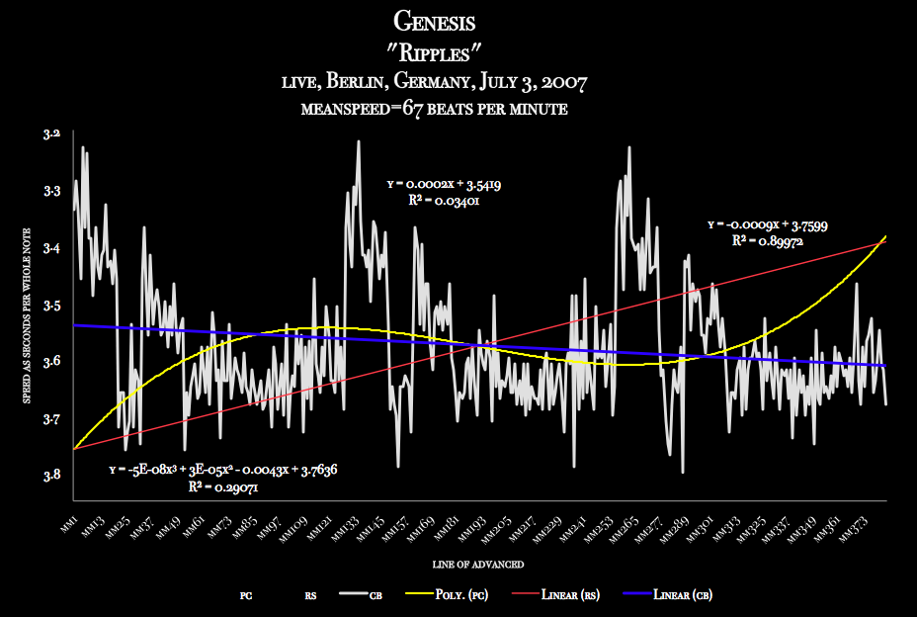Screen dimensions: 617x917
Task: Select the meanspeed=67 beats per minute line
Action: coord(435,109)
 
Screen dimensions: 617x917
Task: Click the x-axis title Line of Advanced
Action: coord(477,564)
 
